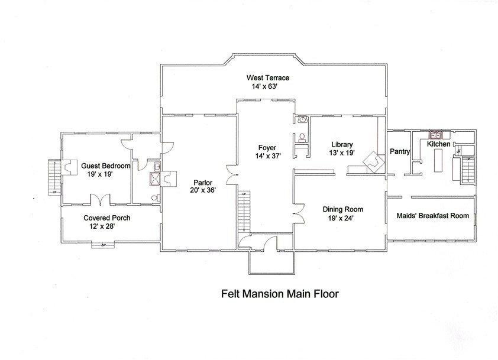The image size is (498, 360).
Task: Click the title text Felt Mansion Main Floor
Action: (x=279, y=292)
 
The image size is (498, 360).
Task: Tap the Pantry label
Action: (x=400, y=152)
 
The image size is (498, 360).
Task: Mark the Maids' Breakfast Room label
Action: (x=432, y=216)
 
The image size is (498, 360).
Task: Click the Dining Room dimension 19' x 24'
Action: (x=342, y=218)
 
